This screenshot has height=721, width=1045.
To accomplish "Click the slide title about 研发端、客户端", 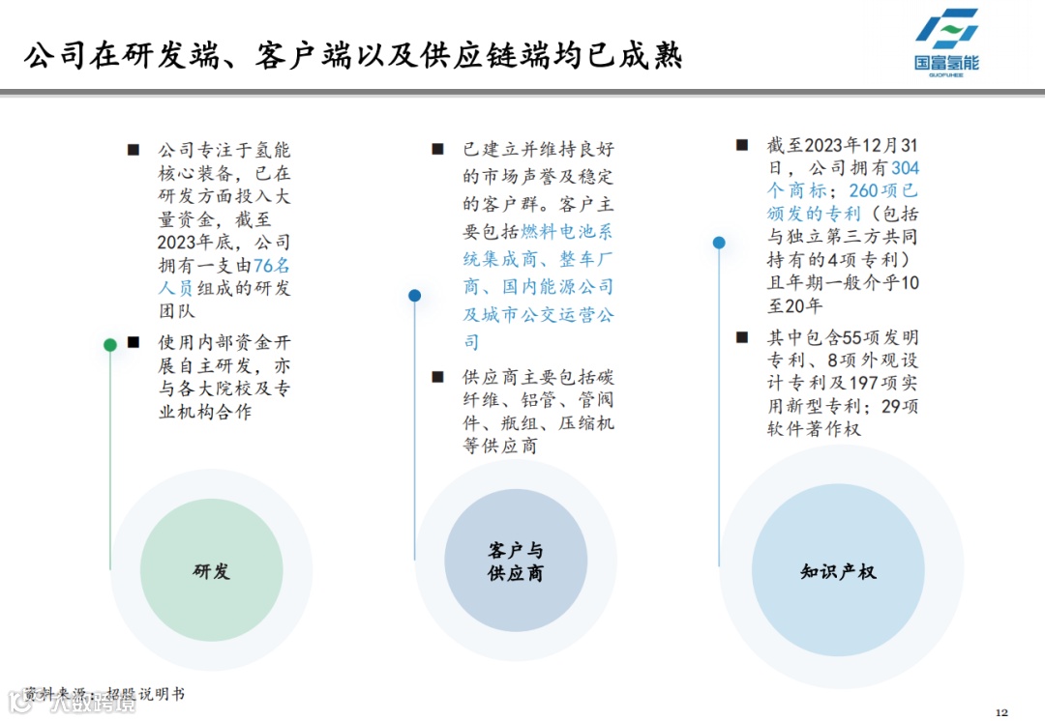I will [353, 55].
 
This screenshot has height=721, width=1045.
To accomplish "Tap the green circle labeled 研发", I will [211, 570].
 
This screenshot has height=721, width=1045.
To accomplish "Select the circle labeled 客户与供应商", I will [516, 562].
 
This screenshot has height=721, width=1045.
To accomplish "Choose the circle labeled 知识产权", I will [838, 570].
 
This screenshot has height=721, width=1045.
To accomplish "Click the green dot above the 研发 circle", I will [110, 345].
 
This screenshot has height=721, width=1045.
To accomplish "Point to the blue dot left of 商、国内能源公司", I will [414, 296].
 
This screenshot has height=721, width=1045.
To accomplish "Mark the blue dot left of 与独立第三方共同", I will [719, 243].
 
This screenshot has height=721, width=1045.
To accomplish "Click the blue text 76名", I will [272, 266].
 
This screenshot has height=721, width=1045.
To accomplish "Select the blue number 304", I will [906, 168].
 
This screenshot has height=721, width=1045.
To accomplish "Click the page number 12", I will [1001, 712].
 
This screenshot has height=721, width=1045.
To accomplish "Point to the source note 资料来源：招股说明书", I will [104, 694].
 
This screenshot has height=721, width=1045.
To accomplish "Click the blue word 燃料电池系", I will [567, 232].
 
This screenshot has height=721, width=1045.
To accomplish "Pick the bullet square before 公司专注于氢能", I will [134, 150].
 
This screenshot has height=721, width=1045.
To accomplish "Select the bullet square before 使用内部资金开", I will [134, 342].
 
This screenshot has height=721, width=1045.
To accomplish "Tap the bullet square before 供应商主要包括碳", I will [437, 376].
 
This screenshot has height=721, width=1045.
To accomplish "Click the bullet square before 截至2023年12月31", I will [742, 145].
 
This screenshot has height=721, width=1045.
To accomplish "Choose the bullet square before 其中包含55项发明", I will [742, 336].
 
